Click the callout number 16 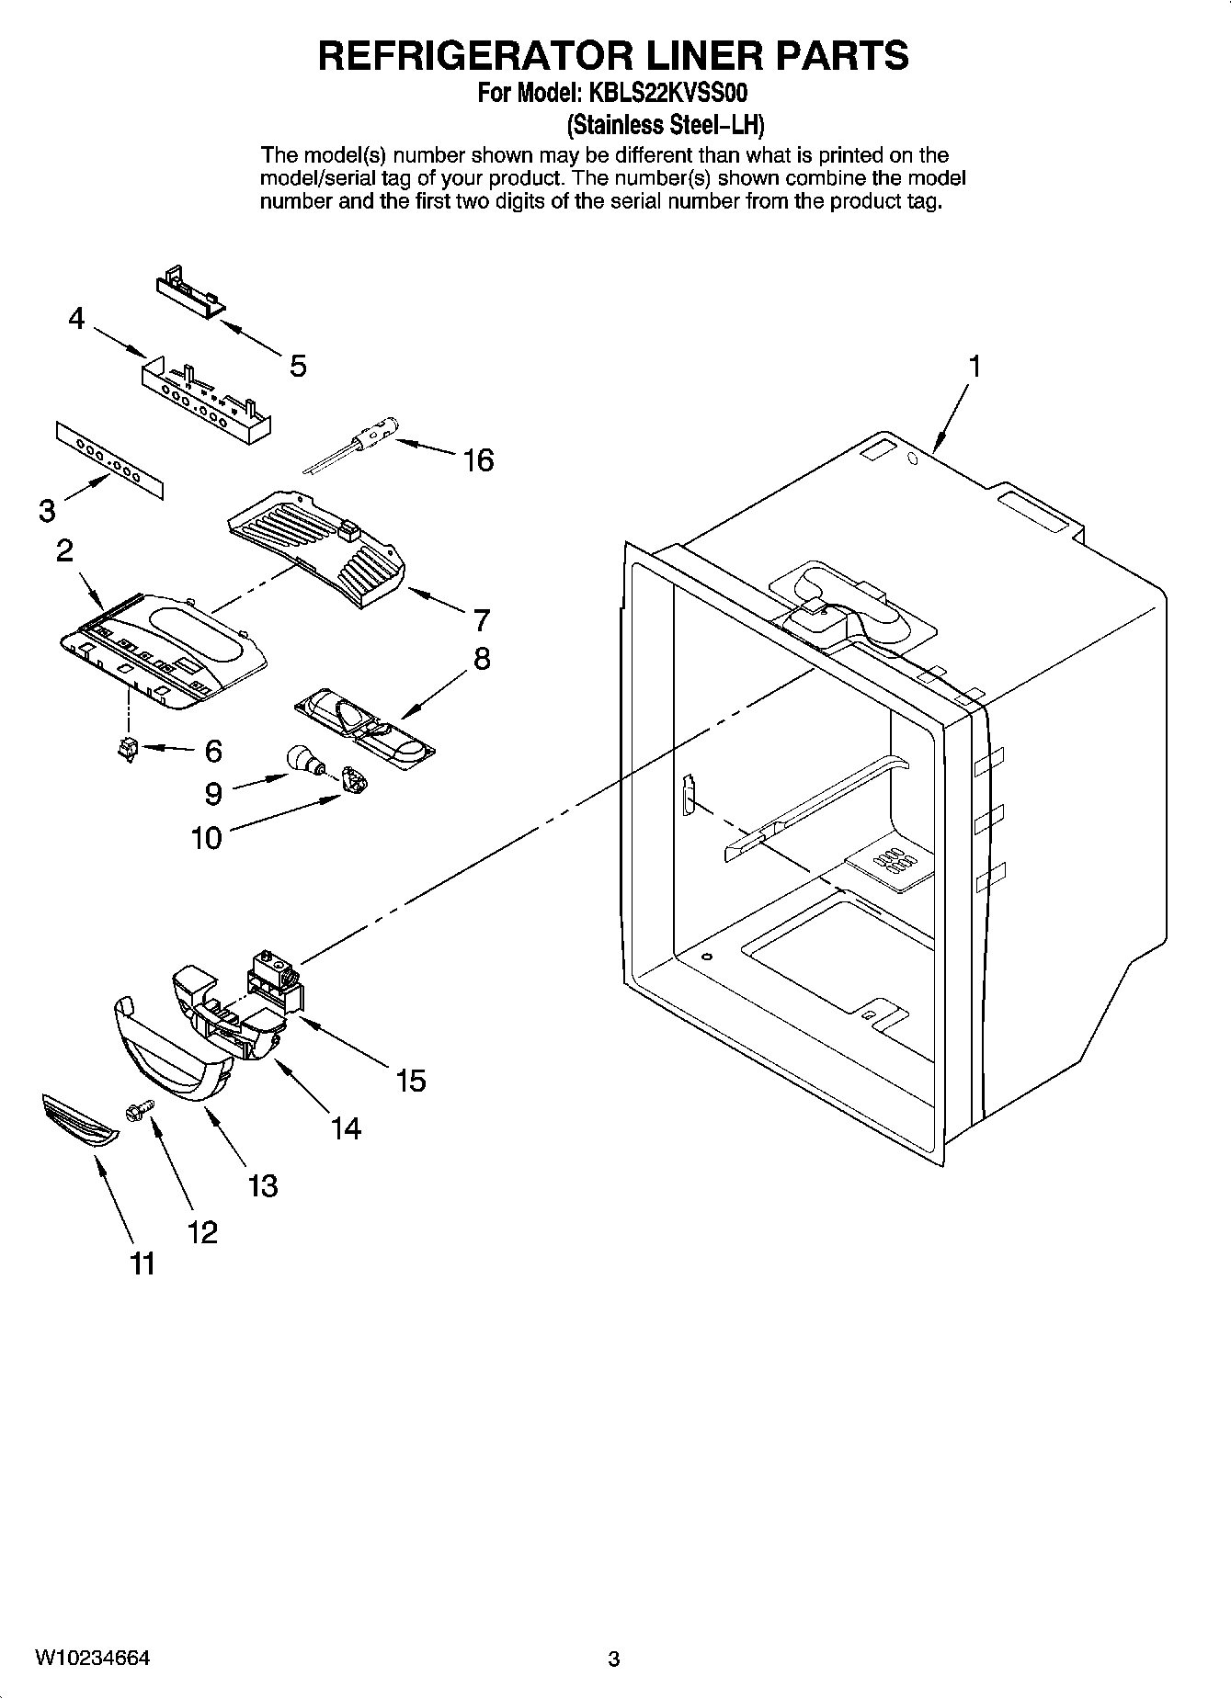point(478,459)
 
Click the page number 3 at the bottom point(614,1659)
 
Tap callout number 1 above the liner point(974,366)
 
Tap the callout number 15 point(411,1081)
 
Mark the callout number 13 point(262,1185)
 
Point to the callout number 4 point(76,319)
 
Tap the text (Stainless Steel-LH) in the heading point(666,123)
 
